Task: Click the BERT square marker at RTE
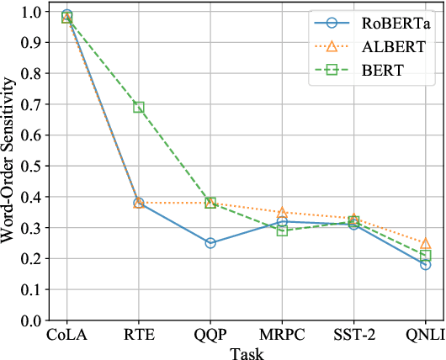pyautogui.click(x=139, y=108)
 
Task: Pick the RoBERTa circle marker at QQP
pyautogui.click(x=210, y=243)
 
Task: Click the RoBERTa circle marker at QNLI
pyautogui.click(x=426, y=265)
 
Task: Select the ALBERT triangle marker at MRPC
pyautogui.click(x=282, y=213)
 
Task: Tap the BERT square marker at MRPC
pyautogui.click(x=282, y=230)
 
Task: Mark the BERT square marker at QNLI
pyautogui.click(x=426, y=256)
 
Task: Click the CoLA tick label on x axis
pyautogui.click(x=67, y=336)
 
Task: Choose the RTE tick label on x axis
pyautogui.click(x=139, y=336)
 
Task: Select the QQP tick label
pyautogui.click(x=210, y=336)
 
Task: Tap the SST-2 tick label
pyautogui.click(x=353, y=336)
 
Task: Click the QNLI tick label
pyautogui.click(x=425, y=336)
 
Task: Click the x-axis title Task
pyautogui.click(x=247, y=352)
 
